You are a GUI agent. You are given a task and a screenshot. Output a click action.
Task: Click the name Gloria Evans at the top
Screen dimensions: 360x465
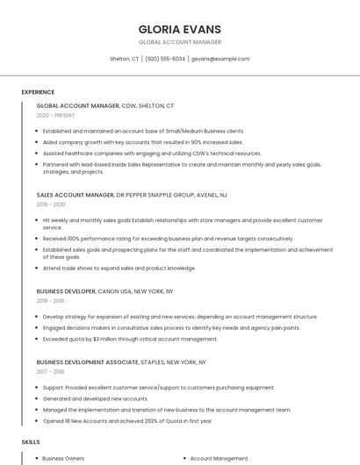click(x=179, y=28)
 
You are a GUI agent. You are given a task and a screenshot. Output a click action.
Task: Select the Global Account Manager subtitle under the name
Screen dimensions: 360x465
click(x=179, y=42)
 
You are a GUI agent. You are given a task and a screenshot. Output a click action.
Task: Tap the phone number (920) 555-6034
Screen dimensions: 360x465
click(x=165, y=59)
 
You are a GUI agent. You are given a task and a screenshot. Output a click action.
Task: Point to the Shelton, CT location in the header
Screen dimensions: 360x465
click(x=124, y=59)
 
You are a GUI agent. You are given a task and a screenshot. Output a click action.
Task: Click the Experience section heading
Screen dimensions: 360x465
click(x=38, y=92)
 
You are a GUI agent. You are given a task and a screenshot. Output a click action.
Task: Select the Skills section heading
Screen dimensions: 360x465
click(x=31, y=441)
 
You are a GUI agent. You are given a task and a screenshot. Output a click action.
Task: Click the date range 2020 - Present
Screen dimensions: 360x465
click(x=55, y=115)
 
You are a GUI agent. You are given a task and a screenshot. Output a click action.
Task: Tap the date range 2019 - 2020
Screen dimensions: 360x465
click(x=51, y=204)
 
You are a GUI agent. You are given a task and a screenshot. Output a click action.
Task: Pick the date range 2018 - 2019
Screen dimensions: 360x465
click(x=51, y=300)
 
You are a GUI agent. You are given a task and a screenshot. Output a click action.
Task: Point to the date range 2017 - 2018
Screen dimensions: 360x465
click(x=51, y=371)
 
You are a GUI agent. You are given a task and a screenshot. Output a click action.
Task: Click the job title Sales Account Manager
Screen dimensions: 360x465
click(x=76, y=195)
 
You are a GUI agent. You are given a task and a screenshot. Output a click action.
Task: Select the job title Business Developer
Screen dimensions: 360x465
click(x=66, y=290)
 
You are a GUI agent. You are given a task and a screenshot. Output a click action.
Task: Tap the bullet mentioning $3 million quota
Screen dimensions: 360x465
click(x=130, y=339)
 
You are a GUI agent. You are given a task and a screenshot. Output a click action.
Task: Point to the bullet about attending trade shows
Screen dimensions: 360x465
click(x=119, y=268)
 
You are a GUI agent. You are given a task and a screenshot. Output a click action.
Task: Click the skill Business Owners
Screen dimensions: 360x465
click(x=63, y=458)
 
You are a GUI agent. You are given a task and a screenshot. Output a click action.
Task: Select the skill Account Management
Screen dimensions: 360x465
click(x=219, y=458)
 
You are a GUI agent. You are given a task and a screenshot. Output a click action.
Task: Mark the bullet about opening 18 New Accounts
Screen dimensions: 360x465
click(x=127, y=420)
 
